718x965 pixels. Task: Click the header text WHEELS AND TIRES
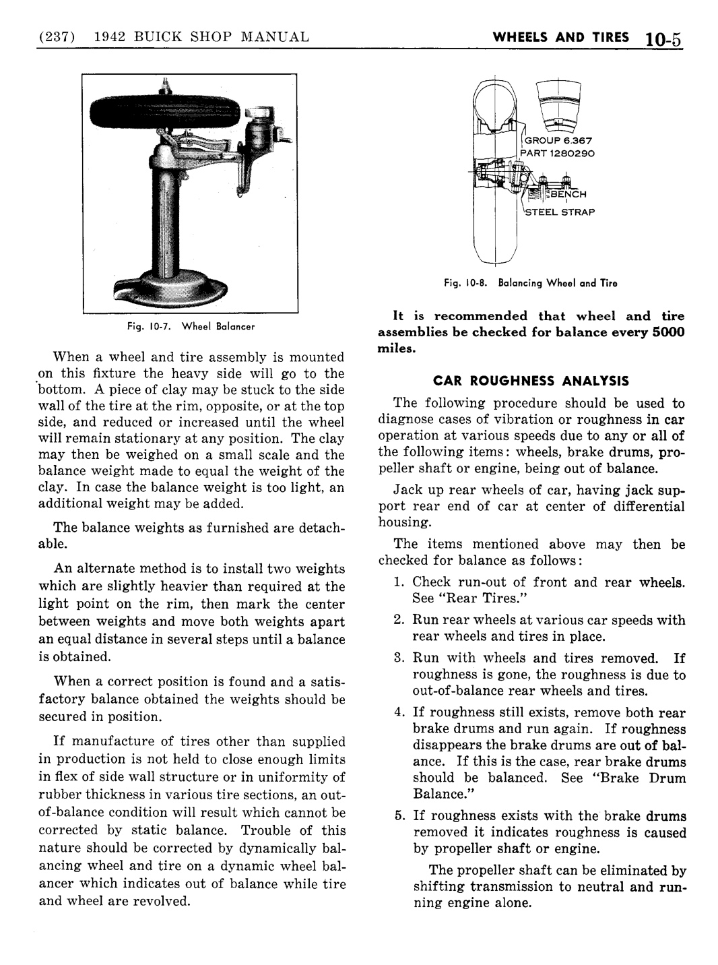tap(561, 37)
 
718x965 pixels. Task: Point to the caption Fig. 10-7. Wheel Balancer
tap(190, 327)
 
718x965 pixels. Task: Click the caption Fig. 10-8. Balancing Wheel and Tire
tap(531, 283)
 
